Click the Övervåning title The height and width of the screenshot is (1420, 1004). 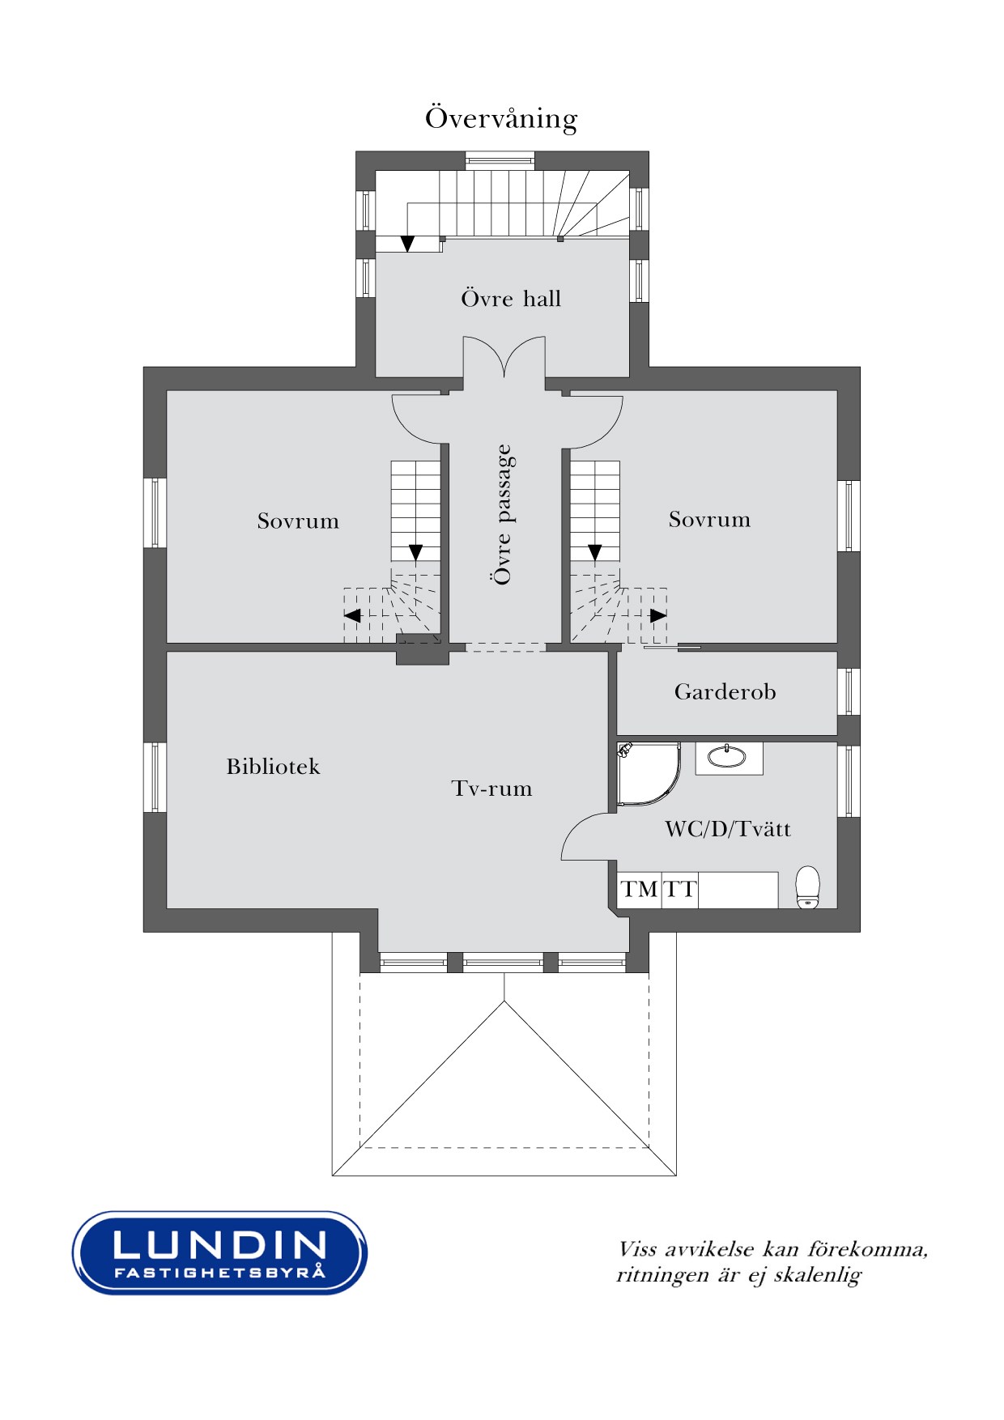(501, 118)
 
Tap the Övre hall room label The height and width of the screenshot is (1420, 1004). (511, 298)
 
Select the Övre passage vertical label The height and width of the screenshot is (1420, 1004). (503, 514)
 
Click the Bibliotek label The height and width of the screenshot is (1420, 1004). (273, 766)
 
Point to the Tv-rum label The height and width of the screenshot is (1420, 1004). (491, 788)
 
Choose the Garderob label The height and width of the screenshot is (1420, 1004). (725, 691)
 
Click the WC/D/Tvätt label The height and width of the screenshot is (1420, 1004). (728, 828)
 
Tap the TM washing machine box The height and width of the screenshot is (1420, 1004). (640, 890)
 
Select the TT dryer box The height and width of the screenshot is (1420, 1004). (680, 890)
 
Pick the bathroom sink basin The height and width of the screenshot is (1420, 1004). (729, 756)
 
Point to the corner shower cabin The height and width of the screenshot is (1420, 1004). (648, 773)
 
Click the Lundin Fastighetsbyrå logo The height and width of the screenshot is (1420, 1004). (219, 1252)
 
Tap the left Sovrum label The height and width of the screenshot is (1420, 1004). (298, 521)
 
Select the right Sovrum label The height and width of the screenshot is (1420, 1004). (709, 519)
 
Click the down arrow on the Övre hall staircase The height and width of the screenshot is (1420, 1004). (407, 243)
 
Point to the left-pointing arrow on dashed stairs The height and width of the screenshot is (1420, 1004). (352, 616)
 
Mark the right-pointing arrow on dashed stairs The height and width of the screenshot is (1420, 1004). (658, 615)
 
